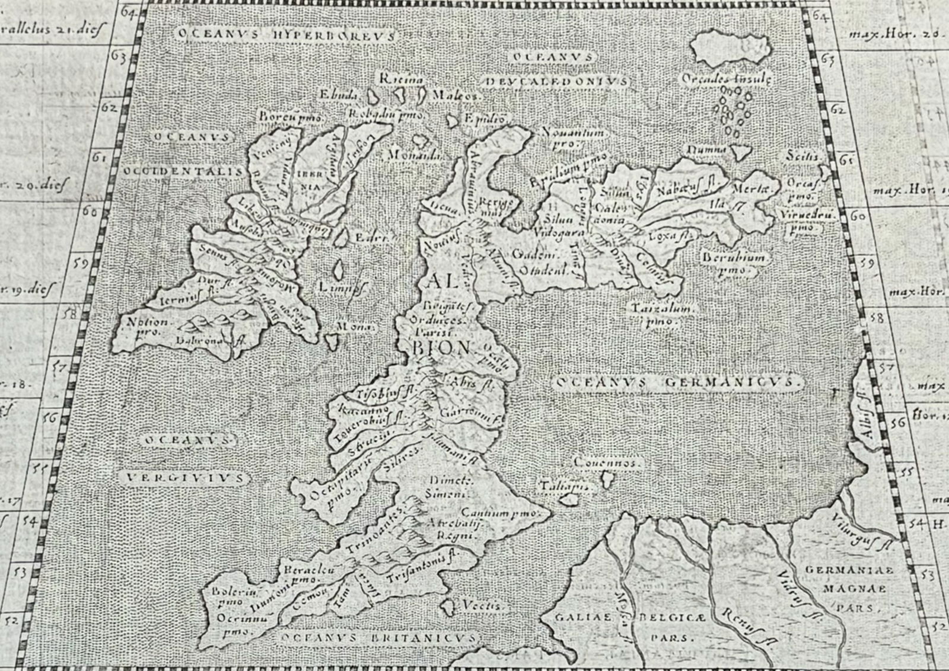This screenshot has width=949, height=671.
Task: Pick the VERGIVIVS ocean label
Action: [186, 477]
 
